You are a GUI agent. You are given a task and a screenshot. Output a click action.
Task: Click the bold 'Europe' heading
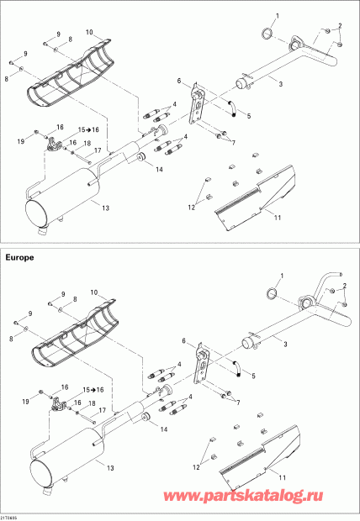tap(22, 259)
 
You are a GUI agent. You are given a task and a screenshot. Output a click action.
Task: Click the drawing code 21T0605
tap(11, 516)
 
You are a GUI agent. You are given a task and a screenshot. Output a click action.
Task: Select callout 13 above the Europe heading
tap(105, 207)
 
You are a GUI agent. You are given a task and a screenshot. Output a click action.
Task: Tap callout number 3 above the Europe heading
tap(281, 84)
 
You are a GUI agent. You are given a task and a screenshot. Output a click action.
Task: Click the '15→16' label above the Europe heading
tap(88, 130)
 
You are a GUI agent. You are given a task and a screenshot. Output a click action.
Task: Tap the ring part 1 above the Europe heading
tap(266, 33)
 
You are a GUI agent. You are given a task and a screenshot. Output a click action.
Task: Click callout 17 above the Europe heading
tap(98, 150)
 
